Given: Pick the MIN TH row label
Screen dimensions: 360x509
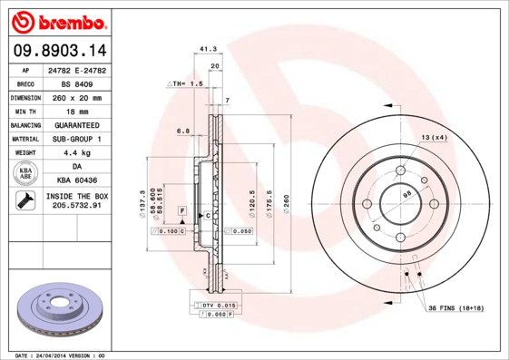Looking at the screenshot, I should [x=24, y=111].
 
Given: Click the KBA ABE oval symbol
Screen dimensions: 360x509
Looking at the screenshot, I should [x=24, y=174].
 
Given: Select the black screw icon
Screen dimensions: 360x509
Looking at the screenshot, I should [x=24, y=201].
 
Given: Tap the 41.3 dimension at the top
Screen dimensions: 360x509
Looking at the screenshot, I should [x=207, y=50].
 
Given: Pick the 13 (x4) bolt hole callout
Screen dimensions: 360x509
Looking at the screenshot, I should [x=434, y=137].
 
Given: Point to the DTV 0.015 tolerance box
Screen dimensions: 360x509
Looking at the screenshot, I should [x=219, y=306].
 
